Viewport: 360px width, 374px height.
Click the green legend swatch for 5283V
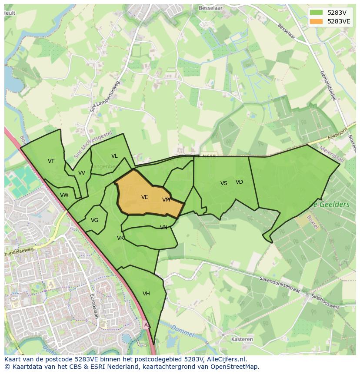[317, 12]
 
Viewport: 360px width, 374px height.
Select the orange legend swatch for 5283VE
[317, 21]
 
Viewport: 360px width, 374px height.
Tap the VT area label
[51, 161]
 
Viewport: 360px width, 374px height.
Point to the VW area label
[64, 195]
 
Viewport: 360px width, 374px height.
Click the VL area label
[114, 156]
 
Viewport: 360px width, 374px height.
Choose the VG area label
[95, 220]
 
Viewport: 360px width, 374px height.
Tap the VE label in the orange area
[145, 197]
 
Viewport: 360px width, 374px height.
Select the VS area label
[224, 183]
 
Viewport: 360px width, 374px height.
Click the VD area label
[239, 182]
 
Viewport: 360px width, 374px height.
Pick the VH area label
[146, 294]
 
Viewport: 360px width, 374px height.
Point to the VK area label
[120, 238]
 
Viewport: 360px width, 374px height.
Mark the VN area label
[163, 228]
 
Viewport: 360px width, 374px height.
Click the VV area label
[82, 173]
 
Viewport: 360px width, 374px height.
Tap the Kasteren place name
[243, 339]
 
